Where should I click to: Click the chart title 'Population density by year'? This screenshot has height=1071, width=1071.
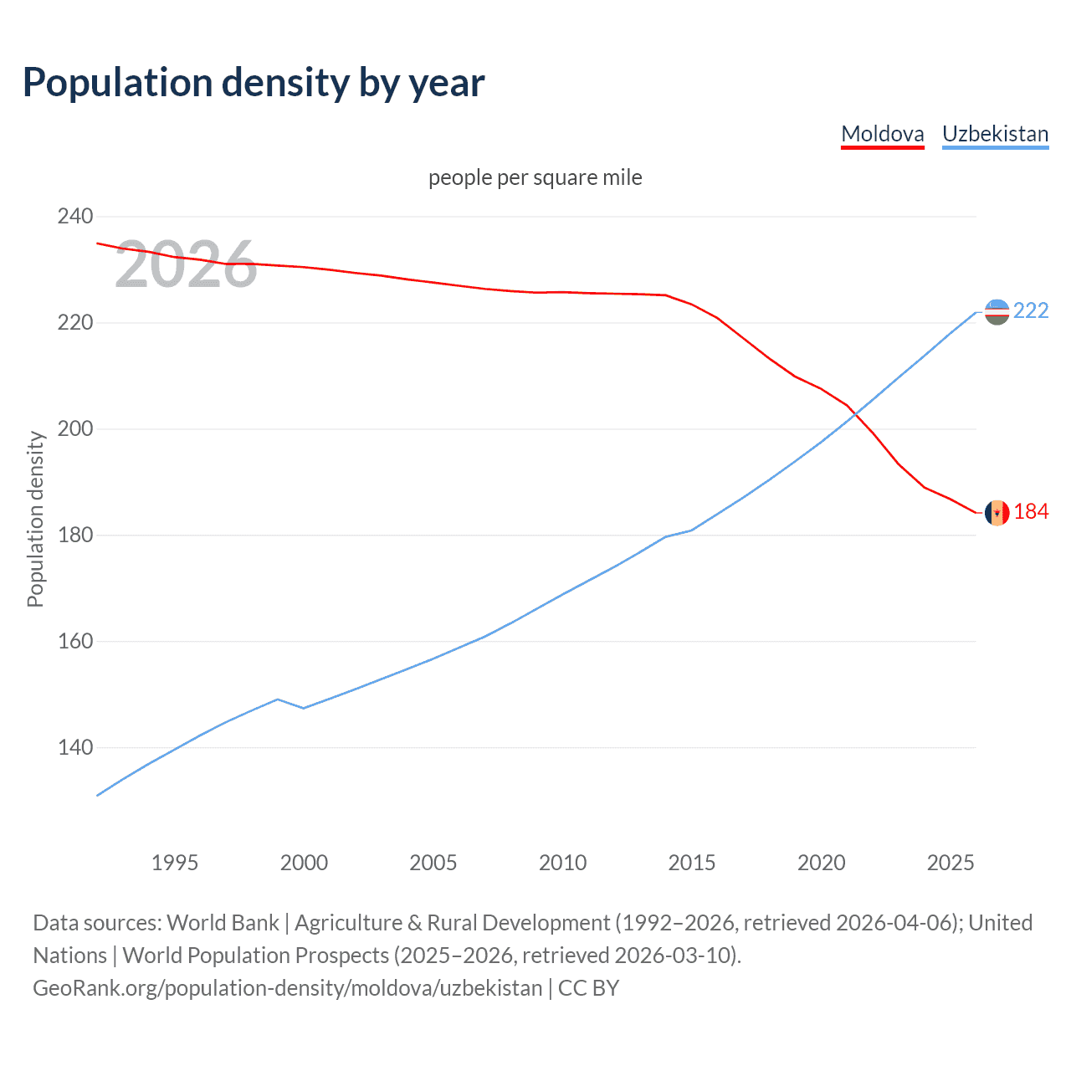coord(254,83)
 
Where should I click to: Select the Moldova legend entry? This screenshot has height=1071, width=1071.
coord(882,134)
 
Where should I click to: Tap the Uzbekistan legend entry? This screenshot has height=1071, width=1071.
coord(995,134)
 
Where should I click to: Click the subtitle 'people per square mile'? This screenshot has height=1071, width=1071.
coord(535,177)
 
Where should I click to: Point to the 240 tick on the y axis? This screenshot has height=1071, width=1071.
coord(75,217)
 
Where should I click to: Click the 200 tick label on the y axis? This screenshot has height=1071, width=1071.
coord(75,429)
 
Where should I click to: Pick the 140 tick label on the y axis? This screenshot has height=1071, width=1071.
coord(75,747)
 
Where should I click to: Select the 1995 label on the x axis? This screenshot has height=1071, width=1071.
coord(174,863)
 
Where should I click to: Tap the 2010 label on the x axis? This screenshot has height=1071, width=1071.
coord(562,863)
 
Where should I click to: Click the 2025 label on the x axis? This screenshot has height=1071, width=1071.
coord(951,863)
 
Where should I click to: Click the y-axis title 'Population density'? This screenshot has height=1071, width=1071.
coord(35,519)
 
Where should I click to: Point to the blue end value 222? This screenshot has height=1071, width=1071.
coord(1031,311)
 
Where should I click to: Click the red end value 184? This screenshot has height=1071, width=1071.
coord(1031,511)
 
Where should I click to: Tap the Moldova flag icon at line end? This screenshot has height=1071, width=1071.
coord(997,512)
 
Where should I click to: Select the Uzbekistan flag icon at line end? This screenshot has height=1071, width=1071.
coord(997,312)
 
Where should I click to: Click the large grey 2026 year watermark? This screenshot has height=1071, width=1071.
coord(186,265)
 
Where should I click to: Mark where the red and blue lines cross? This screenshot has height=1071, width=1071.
coord(854,413)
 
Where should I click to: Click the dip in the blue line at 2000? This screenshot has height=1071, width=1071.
coord(304,708)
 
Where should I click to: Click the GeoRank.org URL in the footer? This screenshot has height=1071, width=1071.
coord(287,988)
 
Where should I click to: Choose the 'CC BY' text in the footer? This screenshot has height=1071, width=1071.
coord(588,988)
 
